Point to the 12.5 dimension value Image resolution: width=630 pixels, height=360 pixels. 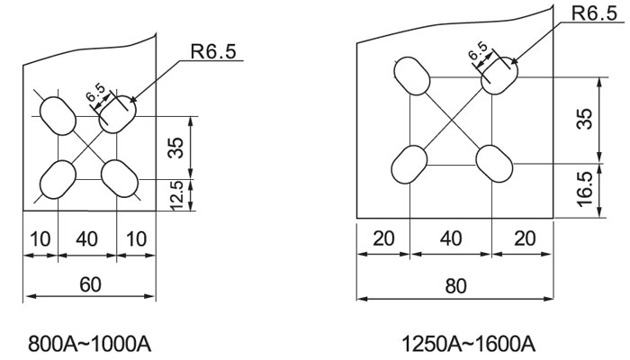[177, 194]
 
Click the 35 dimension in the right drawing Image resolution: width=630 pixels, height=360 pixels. [586, 119]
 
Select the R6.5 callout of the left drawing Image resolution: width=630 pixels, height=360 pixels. [213, 51]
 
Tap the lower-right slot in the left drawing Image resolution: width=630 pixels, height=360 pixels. [121, 177]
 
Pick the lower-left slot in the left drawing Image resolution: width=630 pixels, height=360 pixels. [58, 178]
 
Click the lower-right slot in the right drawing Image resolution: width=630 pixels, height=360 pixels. [493, 163]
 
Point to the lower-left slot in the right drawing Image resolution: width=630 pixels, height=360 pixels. [409, 163]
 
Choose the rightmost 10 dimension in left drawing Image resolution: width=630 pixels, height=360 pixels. [138, 241]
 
